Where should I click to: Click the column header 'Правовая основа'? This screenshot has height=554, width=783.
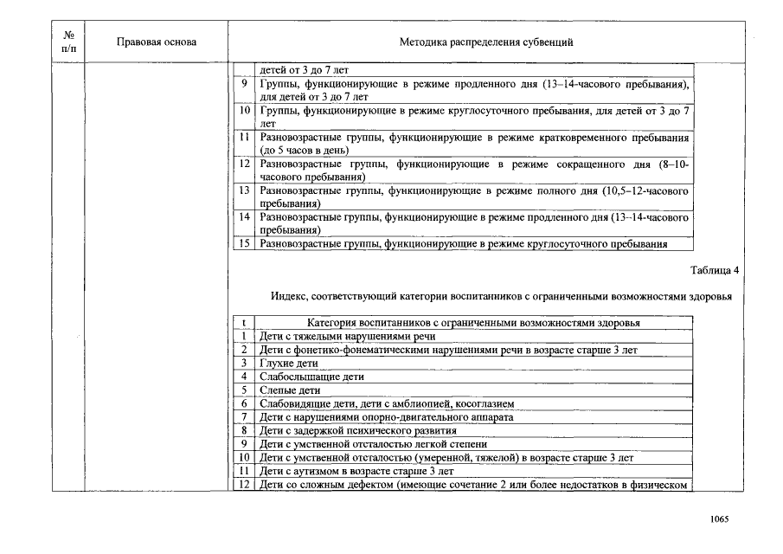point(157,42)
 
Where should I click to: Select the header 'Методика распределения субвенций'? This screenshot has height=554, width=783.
point(485,42)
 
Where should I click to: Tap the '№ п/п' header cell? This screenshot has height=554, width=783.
point(68,42)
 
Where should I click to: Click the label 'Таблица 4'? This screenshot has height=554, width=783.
point(715,270)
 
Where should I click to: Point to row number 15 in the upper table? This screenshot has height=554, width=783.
point(244,244)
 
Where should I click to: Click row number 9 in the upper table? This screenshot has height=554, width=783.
point(245,84)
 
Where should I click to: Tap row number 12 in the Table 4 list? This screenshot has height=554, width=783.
point(244,484)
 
